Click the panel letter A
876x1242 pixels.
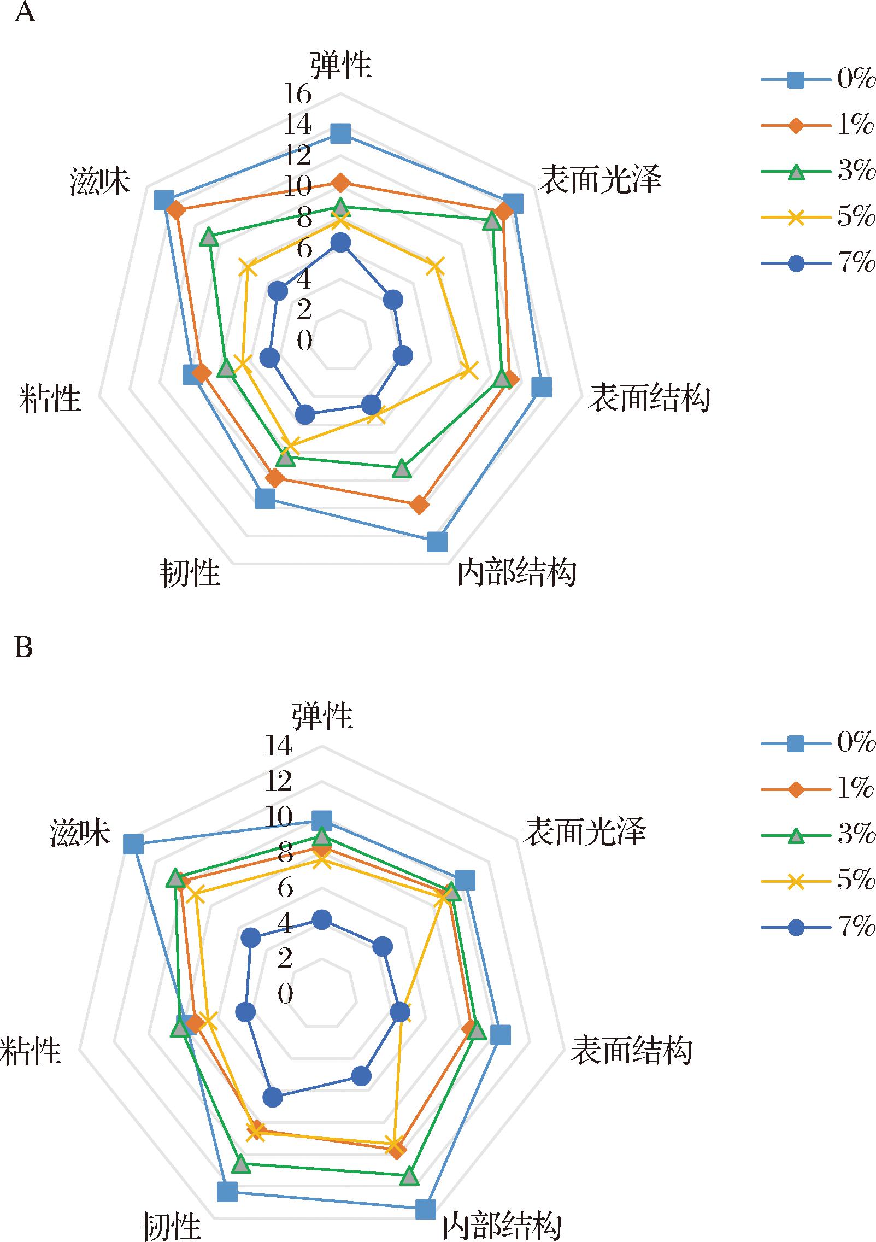25,11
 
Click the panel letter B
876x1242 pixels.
23,647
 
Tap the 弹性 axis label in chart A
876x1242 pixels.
341,65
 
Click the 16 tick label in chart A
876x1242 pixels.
297,94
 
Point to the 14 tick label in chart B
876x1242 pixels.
279,746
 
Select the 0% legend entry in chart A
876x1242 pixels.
818,80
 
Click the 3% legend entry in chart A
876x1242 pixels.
818,172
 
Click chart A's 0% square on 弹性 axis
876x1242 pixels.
341,133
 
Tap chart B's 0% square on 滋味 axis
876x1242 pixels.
133,843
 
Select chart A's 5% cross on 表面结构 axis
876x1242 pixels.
468,371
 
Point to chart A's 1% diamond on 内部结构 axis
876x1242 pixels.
419,505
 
